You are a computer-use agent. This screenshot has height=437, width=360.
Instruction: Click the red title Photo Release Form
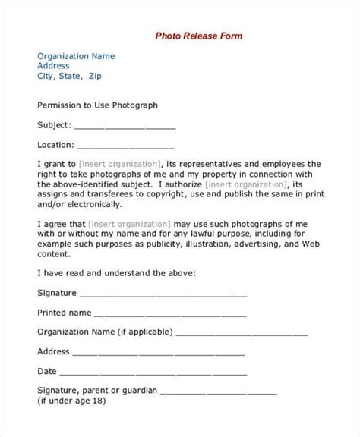(199, 35)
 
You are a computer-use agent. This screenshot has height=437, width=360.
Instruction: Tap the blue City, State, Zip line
(69, 76)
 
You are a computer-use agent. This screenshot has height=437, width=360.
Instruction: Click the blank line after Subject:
(125, 127)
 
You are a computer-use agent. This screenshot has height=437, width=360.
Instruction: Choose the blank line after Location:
(125, 146)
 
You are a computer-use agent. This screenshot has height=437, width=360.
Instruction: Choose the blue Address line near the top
(55, 65)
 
